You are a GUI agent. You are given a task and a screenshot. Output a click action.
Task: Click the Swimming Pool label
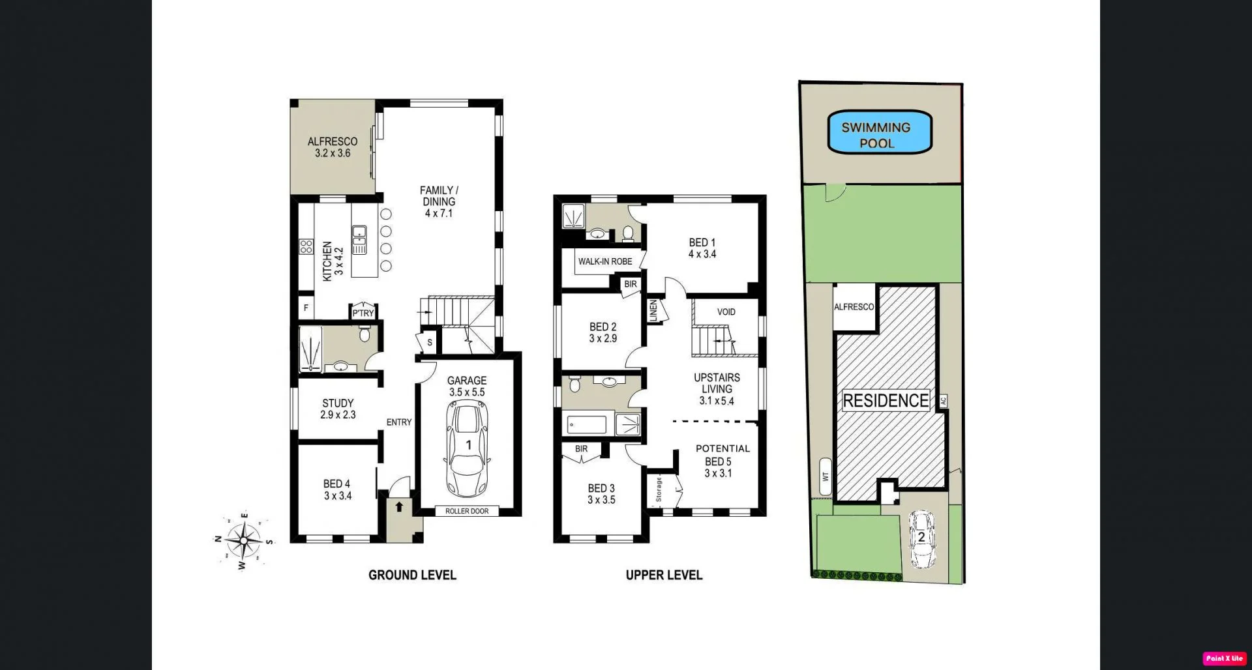point(876,135)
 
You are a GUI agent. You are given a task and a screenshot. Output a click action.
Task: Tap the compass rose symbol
point(244,540)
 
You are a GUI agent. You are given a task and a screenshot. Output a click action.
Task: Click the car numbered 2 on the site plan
point(921,539)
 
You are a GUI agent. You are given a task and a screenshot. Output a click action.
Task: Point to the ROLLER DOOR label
point(467,511)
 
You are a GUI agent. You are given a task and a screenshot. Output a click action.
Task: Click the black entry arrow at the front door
point(399,506)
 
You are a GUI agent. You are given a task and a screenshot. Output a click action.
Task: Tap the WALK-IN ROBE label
point(604,261)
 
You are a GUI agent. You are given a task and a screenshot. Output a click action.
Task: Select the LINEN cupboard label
point(653,310)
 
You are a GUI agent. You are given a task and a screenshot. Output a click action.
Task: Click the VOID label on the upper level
point(726,312)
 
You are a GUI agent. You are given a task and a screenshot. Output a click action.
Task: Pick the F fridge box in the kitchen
point(306,308)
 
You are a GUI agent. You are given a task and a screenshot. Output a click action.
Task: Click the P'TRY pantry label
point(363,313)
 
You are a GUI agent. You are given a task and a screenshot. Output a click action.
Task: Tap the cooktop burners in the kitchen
point(306,246)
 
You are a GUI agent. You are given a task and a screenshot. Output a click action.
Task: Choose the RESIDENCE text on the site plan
point(886,400)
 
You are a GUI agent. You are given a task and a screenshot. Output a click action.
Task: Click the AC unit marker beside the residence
point(943,401)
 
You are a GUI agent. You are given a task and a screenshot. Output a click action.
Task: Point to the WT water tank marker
point(826,476)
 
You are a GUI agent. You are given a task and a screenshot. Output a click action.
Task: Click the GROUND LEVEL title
point(412,575)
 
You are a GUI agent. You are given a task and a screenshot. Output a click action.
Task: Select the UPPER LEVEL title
point(664,575)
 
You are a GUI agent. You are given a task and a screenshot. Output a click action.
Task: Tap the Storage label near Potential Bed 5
point(659,489)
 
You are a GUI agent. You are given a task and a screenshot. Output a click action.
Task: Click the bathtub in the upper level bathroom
point(588,425)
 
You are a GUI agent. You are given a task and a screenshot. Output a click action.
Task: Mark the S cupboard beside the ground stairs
point(429,342)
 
